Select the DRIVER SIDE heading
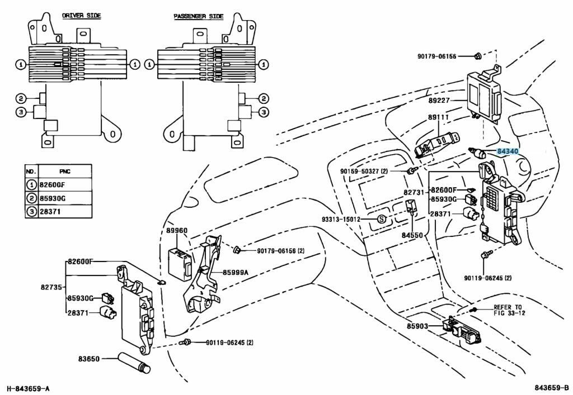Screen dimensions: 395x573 [x=81, y=16]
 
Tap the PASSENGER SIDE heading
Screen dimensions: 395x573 [x=198, y=16]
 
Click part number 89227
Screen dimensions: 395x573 [x=439, y=101]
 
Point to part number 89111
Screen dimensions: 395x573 [x=439, y=118]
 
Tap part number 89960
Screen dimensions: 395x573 [x=177, y=230]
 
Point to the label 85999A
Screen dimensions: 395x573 [x=236, y=273]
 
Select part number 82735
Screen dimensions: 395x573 [x=51, y=287]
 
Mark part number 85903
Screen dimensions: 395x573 [x=417, y=325]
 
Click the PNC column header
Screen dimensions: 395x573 [x=65, y=170]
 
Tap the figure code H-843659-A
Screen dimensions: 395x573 [x=29, y=388]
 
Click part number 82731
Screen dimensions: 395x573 [x=415, y=192]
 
